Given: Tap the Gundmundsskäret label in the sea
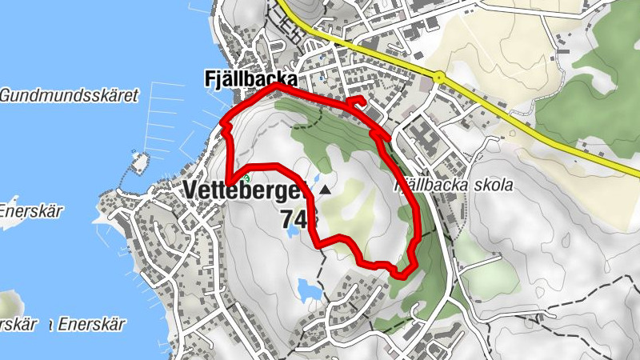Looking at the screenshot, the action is click(x=69, y=95).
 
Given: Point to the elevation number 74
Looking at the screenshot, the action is click(x=298, y=218).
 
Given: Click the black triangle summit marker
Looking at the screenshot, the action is click(x=326, y=190).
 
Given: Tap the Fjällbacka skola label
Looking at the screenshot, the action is click(x=454, y=185).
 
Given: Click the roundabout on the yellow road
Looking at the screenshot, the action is click(x=438, y=77).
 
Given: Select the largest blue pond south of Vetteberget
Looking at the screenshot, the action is click(x=309, y=288).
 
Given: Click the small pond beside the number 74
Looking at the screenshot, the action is click(x=294, y=230).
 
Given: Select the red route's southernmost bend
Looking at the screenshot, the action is click(x=401, y=274).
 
